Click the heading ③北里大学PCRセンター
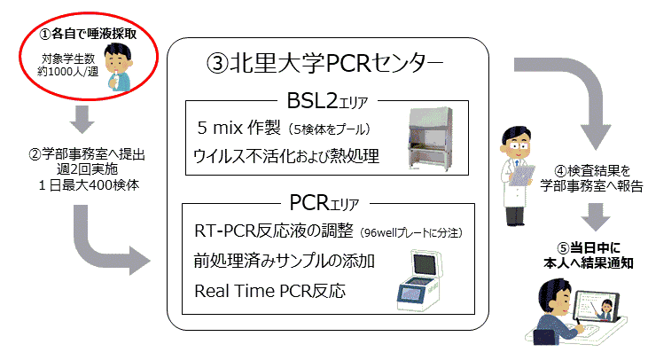tap(324, 63)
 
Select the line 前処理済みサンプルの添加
tap(285, 261)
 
